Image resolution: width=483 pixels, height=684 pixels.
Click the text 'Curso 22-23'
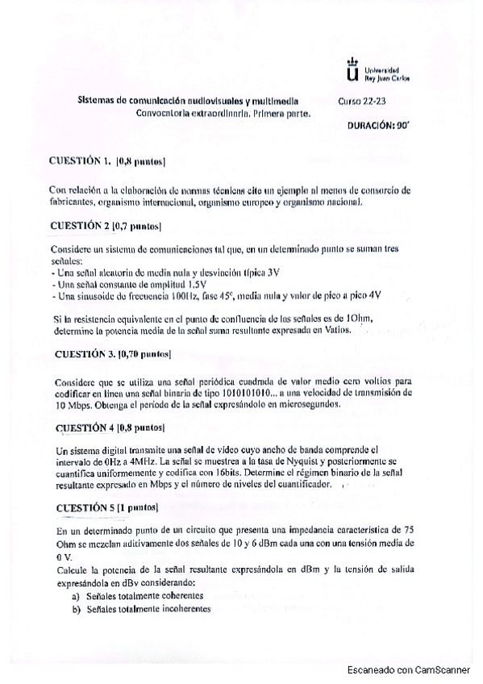pyautogui.click(x=362, y=102)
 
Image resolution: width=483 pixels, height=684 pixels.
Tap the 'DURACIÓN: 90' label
pyautogui.click(x=379, y=127)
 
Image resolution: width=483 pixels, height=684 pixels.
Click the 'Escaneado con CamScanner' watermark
pyautogui.click(x=416, y=669)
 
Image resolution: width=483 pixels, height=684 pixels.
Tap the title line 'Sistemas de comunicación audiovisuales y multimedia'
pyautogui.click(x=187, y=102)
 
